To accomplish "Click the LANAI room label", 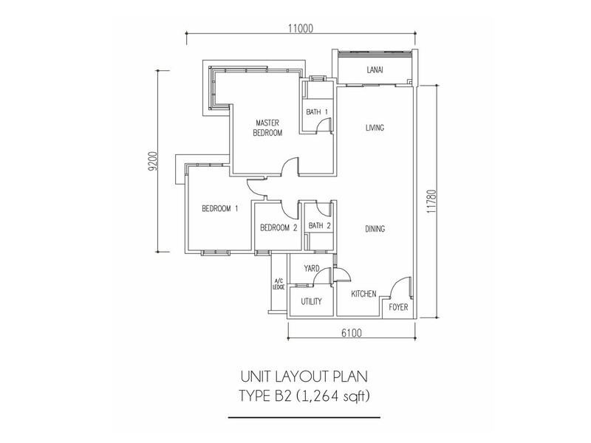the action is [x=375, y=69].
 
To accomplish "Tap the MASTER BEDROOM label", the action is [x=267, y=128].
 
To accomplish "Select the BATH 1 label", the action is [x=317, y=112].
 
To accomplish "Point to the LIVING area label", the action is [x=375, y=128].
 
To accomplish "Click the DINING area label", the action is [x=375, y=229].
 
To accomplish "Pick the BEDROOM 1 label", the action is [x=220, y=208].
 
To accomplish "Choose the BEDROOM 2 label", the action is [x=279, y=228].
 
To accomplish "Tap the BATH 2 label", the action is [x=320, y=226].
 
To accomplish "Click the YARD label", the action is [x=312, y=269].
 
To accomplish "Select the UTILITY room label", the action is [x=311, y=301].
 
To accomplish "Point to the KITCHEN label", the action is [x=363, y=294].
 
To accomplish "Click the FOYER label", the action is [x=398, y=307].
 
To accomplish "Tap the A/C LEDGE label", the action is [x=279, y=284].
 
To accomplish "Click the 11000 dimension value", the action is [x=301, y=28].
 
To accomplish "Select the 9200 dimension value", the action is [x=152, y=162].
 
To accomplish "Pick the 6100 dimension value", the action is [x=352, y=333].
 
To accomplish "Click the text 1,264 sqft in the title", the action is [x=332, y=396].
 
